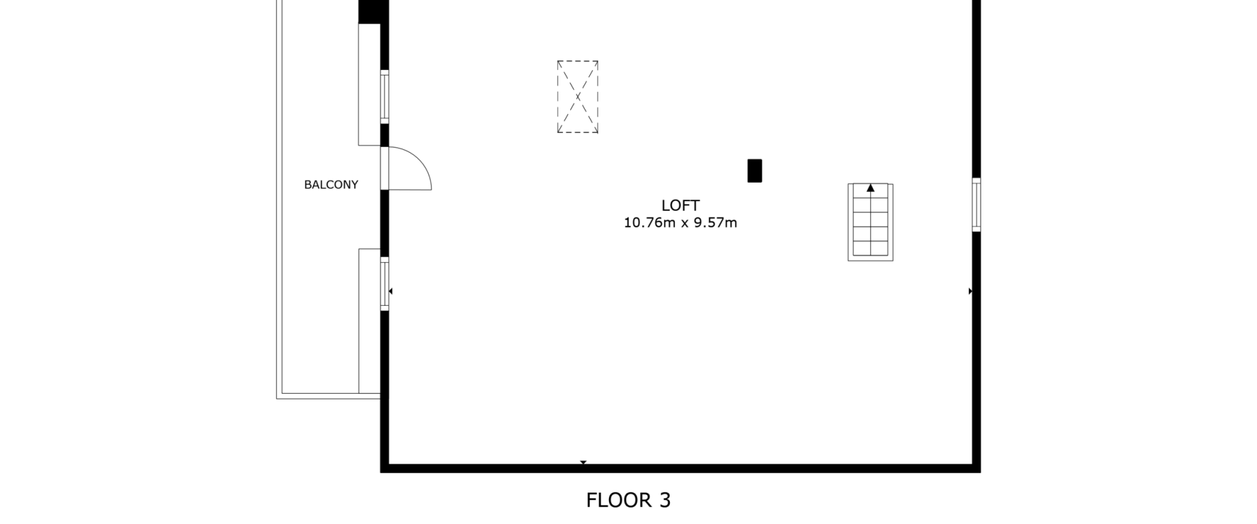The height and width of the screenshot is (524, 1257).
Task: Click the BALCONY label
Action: pos(331,185)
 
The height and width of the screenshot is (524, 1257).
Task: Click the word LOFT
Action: pos(680,206)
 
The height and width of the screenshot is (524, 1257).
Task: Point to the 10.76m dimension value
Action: pos(649,223)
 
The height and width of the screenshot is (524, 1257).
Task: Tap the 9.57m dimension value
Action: pos(716,223)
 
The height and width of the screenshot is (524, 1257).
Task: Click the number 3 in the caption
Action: pos(665,500)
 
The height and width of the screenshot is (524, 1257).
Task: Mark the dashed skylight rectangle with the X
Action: pos(577,97)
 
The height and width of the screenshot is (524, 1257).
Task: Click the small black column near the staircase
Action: pos(755,171)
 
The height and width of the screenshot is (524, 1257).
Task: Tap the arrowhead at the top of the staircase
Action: pos(871,188)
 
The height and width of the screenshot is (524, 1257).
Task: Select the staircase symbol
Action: pos(871,222)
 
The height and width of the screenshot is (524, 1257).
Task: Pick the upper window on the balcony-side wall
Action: pos(385,96)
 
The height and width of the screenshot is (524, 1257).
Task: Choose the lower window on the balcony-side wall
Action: pos(385,284)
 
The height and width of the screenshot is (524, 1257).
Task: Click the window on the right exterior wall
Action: pos(976,204)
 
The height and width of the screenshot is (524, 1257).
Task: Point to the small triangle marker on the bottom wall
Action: pos(583,463)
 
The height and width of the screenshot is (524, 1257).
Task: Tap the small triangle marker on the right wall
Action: pos(970,291)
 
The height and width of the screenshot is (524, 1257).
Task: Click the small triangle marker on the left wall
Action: pos(391,291)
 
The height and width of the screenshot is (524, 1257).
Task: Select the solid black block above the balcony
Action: pos(374,12)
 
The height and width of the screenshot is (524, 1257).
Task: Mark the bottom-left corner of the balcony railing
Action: pos(277,398)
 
